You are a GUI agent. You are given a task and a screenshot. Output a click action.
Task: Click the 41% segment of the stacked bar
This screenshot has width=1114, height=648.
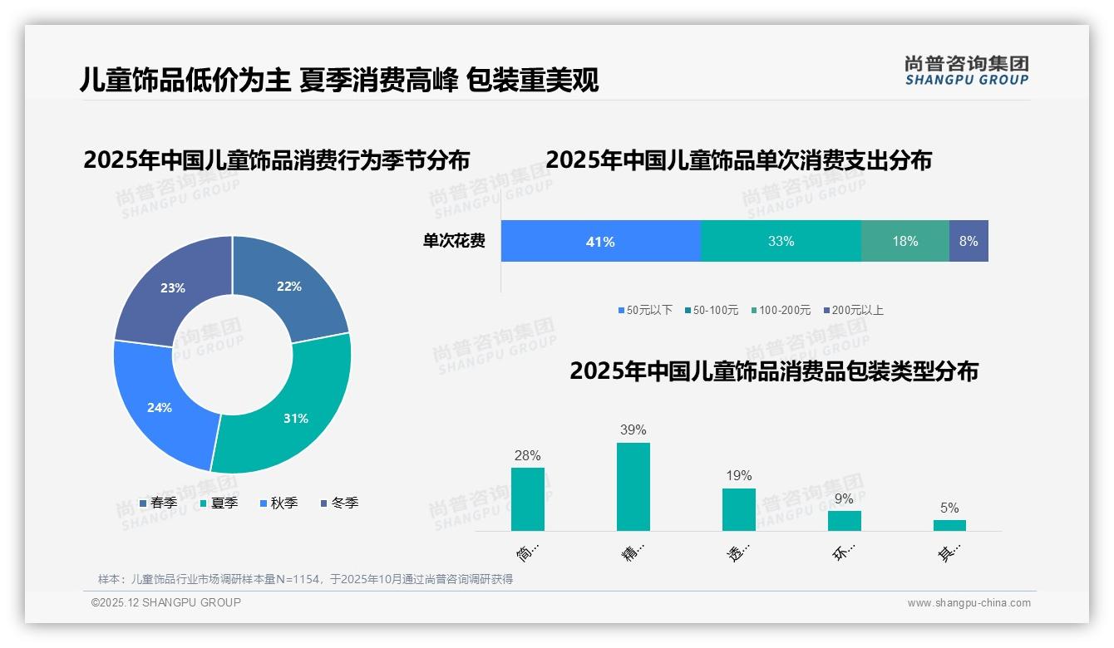(600, 241)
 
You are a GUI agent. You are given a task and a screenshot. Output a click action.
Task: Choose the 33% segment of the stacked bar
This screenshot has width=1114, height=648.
(781, 241)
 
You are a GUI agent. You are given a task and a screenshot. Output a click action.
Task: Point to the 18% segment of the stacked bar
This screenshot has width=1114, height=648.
(905, 241)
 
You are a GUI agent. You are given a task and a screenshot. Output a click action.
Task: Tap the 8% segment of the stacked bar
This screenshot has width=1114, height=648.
(969, 241)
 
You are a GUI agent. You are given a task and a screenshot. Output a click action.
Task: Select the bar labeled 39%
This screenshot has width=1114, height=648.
(633, 487)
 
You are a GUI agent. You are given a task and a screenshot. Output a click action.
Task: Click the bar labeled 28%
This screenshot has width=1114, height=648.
(528, 499)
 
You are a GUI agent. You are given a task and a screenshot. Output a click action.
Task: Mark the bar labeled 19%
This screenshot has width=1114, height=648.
(739, 509)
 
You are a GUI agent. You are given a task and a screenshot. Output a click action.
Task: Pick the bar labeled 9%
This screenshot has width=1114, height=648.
(845, 521)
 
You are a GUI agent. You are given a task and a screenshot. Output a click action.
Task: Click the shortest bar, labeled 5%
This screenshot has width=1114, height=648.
(949, 525)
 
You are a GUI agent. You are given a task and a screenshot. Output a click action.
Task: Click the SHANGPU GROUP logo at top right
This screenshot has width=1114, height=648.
(967, 71)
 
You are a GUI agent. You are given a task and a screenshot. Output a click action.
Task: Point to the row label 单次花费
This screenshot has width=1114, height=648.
(454, 241)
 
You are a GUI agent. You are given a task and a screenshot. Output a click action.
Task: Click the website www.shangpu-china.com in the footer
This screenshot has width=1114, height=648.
(969, 602)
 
